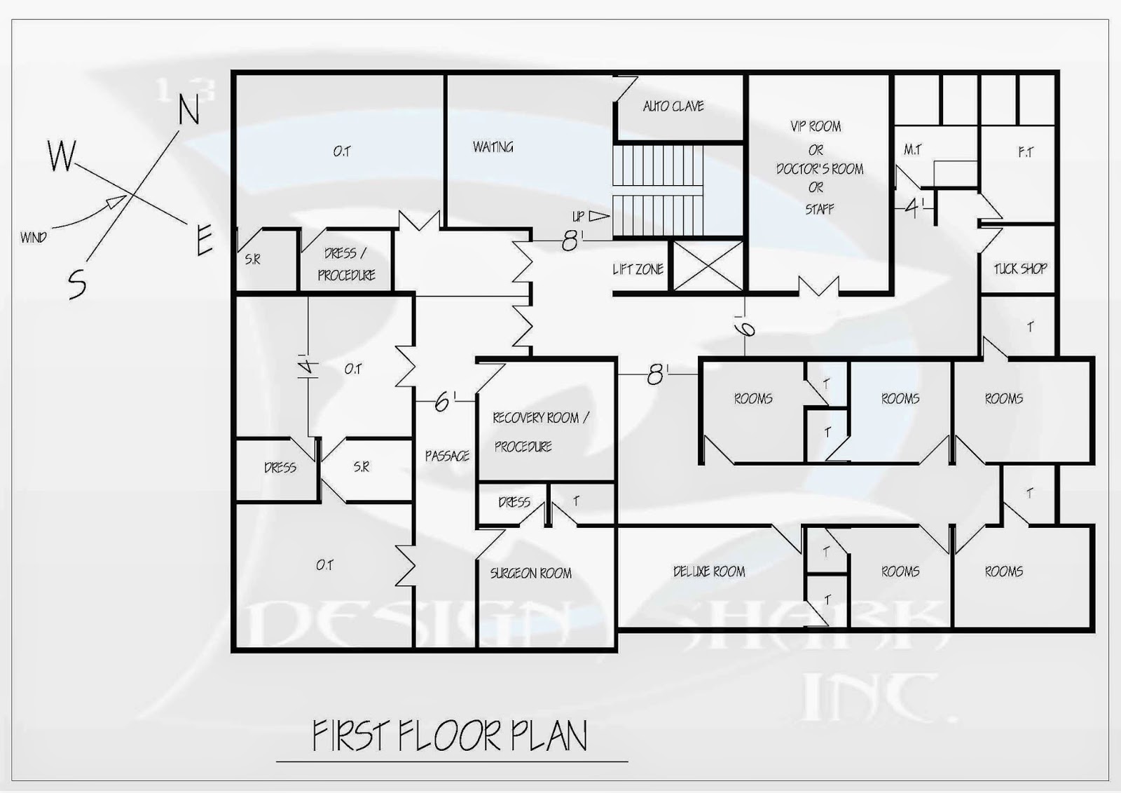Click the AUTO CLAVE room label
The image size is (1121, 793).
pyautogui.click(x=673, y=106)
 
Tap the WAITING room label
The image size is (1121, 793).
pyautogui.click(x=493, y=147)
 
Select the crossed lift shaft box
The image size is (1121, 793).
pyautogui.click(x=708, y=266)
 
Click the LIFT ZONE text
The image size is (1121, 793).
pyautogui.click(x=638, y=269)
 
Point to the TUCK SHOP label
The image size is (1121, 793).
pyautogui.click(x=1020, y=269)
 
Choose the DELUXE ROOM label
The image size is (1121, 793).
pyautogui.click(x=709, y=571)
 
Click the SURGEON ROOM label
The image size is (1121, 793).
pyautogui.click(x=531, y=573)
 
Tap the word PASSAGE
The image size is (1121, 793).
pyautogui.click(x=447, y=456)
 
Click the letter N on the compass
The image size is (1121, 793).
pyautogui.click(x=189, y=109)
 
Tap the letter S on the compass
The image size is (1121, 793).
pyautogui.click(x=77, y=283)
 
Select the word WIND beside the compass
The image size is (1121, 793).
pyautogui.click(x=34, y=237)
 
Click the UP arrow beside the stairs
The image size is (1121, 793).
pyautogui.click(x=599, y=216)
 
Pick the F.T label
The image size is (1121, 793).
pyautogui.click(x=1026, y=152)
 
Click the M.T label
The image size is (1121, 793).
pyautogui.click(x=912, y=150)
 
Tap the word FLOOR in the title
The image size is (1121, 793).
pyautogui.click(x=450, y=736)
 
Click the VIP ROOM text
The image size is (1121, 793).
pyautogui.click(x=816, y=126)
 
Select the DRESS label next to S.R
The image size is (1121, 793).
pyautogui.click(x=280, y=468)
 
